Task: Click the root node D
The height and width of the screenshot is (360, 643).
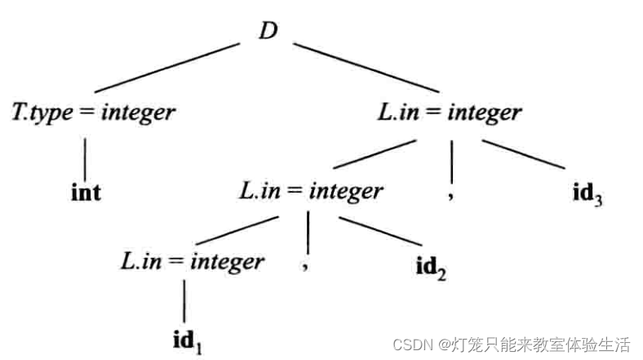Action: (x=268, y=31)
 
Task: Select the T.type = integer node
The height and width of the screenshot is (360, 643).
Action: (x=93, y=112)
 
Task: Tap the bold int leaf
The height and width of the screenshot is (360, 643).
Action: (x=86, y=193)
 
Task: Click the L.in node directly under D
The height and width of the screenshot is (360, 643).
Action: (x=450, y=112)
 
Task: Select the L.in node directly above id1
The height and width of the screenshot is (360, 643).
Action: (x=193, y=261)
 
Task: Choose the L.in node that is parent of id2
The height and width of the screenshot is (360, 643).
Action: (x=311, y=191)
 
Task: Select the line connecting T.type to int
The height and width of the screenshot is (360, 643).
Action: (x=86, y=153)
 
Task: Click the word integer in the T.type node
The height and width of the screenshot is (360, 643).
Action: (x=138, y=112)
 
